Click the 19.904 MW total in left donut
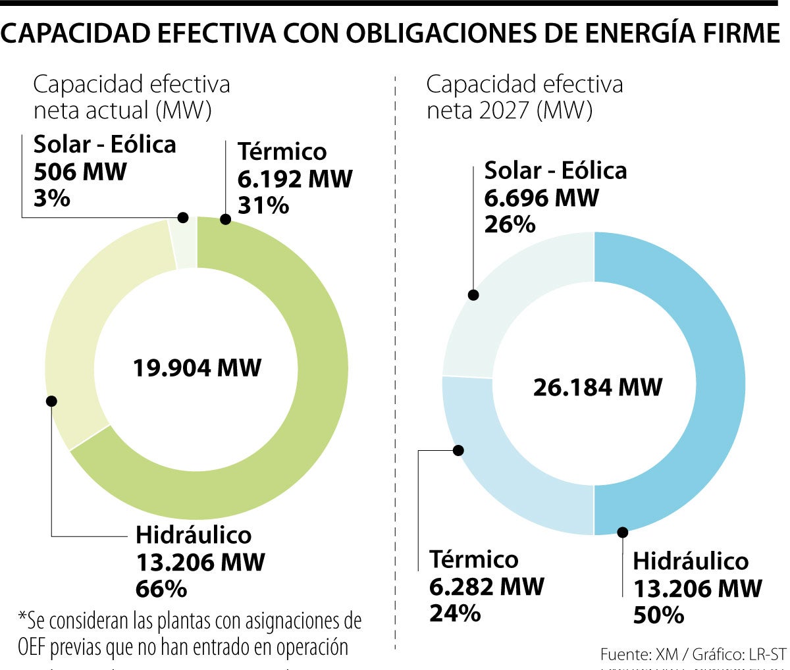pos(197,367)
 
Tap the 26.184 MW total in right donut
pos(597,387)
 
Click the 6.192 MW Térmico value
pos(295,178)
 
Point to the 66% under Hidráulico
pos(161,588)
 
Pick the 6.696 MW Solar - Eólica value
pos(541,197)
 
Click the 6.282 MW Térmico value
pos(487,586)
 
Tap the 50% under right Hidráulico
pos(658,614)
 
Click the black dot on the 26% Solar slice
pos(473,295)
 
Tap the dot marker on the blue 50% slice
pos(622,530)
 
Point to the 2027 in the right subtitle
pos(503,110)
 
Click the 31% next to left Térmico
pos(263,205)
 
